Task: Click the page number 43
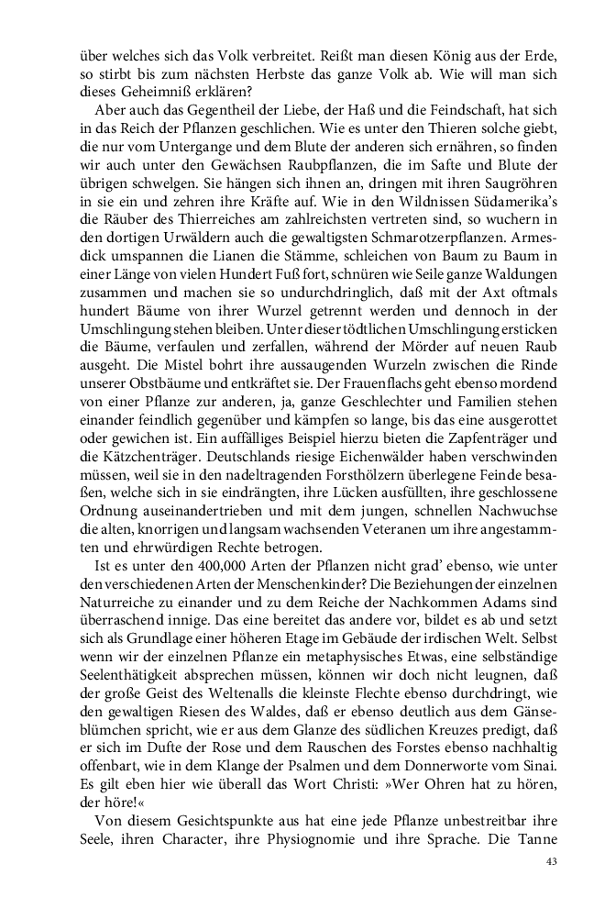click(551, 861)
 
